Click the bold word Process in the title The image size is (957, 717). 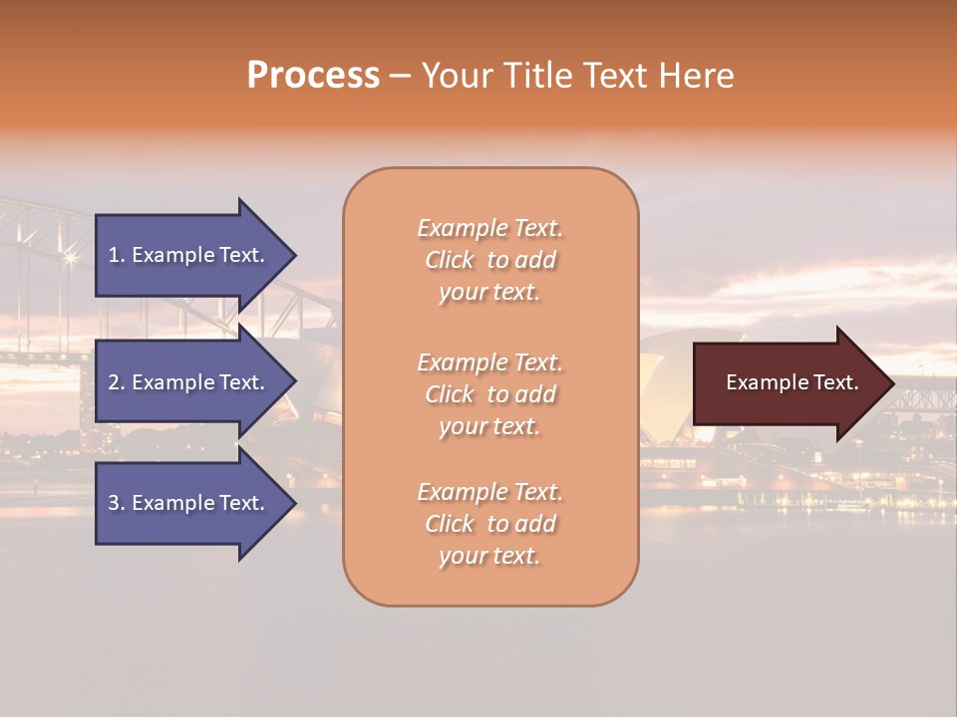[313, 76]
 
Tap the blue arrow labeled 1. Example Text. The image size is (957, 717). [189, 255]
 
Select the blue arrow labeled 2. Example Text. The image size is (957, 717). [189, 382]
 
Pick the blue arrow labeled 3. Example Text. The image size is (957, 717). [189, 503]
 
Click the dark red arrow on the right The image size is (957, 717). [788, 382]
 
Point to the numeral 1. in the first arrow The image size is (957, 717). [116, 255]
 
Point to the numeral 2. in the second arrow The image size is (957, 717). [116, 382]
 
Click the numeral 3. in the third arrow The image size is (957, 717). [116, 503]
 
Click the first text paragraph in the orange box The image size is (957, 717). [489, 260]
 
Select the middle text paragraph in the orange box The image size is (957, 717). [489, 394]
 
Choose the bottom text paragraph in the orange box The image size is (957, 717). [489, 524]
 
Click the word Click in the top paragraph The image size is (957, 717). [450, 260]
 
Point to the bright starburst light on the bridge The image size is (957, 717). [70, 258]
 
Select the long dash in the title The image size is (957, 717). [400, 76]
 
